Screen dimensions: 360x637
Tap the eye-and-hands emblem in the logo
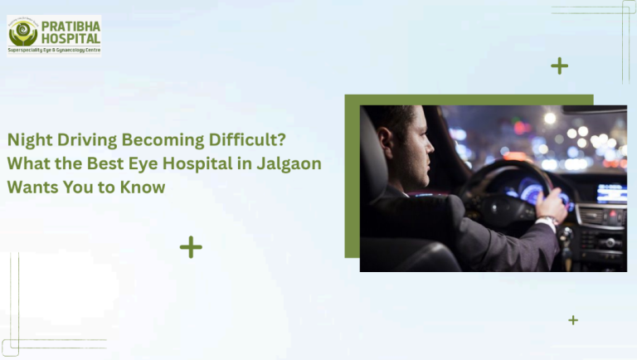coord(22,32)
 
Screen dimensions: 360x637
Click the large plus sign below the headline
coord(191,247)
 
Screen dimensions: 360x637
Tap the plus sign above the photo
coord(560,66)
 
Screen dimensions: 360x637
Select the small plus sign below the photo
coord(573,320)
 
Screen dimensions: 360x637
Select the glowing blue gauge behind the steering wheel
coord(532,190)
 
